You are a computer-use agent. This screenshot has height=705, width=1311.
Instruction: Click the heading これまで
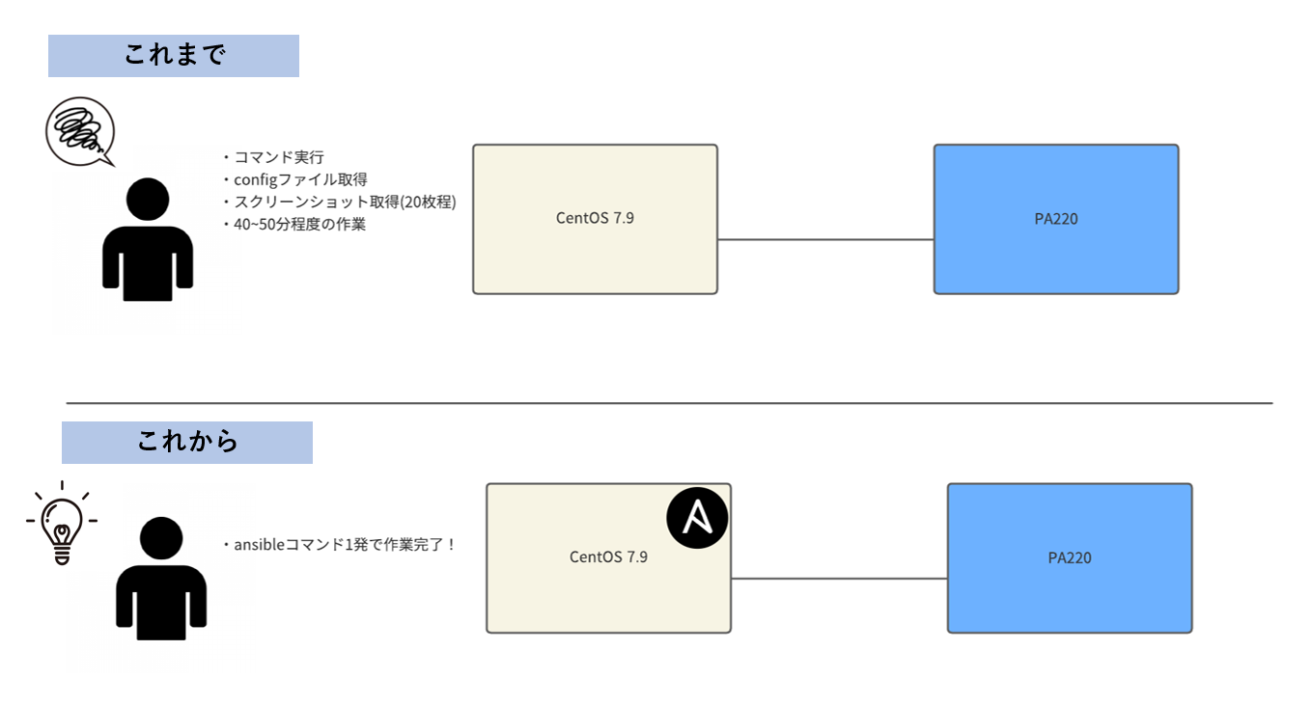coord(174,56)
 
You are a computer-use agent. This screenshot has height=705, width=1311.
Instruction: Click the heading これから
coord(187,443)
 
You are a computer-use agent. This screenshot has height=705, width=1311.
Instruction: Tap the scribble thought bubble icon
coord(79,131)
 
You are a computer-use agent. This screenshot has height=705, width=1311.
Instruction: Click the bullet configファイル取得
coord(299,179)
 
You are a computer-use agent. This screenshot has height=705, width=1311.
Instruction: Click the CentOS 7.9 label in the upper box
coord(595,218)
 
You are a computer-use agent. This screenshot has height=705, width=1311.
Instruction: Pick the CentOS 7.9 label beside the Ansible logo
coord(608,556)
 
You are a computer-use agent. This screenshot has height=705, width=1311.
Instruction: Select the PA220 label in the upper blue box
coord(1055,219)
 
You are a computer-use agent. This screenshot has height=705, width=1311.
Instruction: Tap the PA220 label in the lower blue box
coord(1069,557)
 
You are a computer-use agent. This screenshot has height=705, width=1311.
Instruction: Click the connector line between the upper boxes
coord(825,239)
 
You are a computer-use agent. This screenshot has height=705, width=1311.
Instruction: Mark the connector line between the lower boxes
coord(839,579)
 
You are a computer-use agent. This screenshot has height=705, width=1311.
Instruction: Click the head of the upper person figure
coord(148,201)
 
